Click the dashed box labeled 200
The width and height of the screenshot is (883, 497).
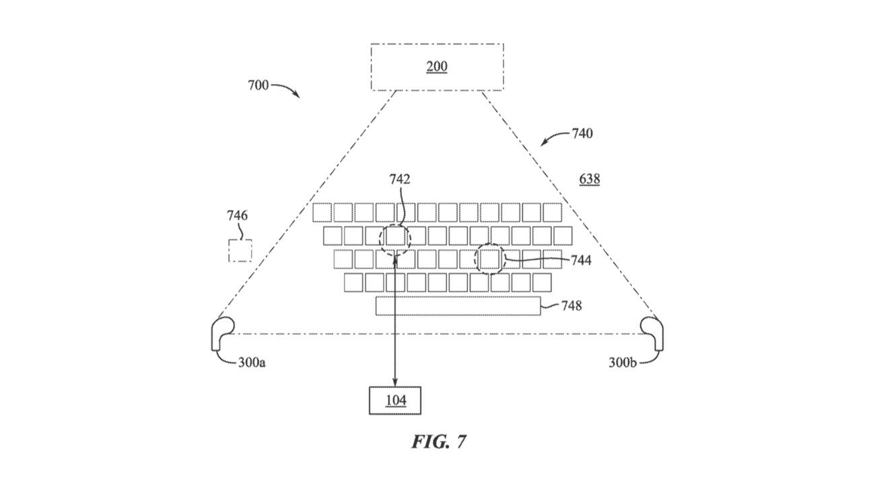click(437, 67)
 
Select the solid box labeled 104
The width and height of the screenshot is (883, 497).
click(395, 401)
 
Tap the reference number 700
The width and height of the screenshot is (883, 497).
click(258, 86)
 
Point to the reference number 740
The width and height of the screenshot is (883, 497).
click(582, 133)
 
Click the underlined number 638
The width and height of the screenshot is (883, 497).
click(590, 179)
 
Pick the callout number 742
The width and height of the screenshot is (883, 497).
click(399, 179)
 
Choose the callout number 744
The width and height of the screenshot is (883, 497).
click(581, 260)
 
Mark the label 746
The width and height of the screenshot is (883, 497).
click(237, 216)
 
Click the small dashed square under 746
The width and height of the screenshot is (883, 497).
click(240, 251)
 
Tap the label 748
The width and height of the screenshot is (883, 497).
click(571, 306)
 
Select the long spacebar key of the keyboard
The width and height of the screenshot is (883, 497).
click(458, 306)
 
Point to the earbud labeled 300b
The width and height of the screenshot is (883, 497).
click(652, 331)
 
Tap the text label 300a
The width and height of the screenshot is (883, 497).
click(252, 362)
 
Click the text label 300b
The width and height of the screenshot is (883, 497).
click(623, 362)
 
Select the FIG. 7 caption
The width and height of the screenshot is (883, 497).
click(439, 442)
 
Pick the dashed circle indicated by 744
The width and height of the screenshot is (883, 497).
click(490, 259)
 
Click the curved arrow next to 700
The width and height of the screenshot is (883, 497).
click(287, 90)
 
